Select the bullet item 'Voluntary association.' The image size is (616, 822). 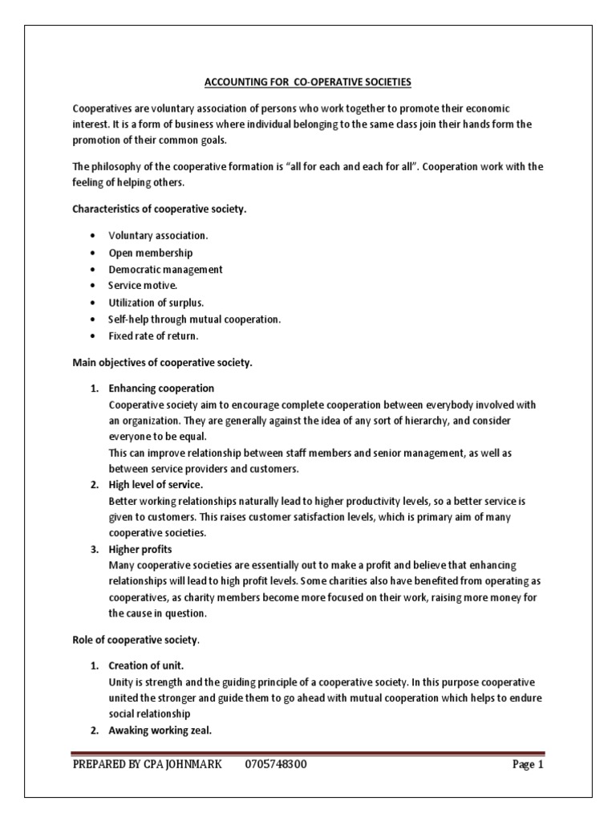point(158,236)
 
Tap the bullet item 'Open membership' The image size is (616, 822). point(151,253)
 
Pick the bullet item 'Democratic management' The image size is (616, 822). point(165,269)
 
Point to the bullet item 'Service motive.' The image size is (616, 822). point(143,286)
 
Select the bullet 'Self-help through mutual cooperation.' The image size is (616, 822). point(195,319)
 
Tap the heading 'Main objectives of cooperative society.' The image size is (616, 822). point(163,363)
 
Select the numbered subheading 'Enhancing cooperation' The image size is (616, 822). point(161,389)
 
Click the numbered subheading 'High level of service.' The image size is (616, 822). point(156,485)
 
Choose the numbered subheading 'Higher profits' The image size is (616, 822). point(141,549)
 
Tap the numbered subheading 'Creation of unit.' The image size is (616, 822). point(146,666)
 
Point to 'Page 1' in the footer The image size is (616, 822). point(528,764)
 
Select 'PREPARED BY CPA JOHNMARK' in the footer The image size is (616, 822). point(147,764)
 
